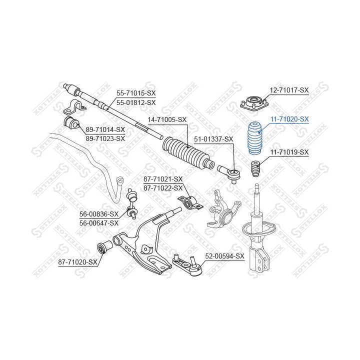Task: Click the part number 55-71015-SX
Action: point(136,93)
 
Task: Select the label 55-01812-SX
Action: point(136,102)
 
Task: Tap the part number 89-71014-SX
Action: point(105,129)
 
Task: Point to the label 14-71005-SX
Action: point(166,120)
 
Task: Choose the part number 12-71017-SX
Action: point(289,90)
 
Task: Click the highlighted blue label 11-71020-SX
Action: point(289,119)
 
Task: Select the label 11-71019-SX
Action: point(289,151)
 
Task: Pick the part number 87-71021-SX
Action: point(163,179)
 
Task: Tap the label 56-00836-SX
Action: point(99,214)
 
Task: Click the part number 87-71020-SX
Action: point(77,261)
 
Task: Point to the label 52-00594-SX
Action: point(224,256)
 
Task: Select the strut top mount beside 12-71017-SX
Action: point(253,103)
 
